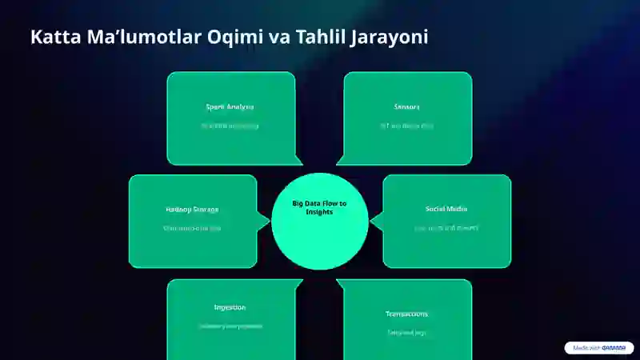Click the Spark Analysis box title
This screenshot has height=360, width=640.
[x=230, y=106]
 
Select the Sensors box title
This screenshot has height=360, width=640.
[x=407, y=106]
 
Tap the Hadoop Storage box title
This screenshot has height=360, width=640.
[x=192, y=210]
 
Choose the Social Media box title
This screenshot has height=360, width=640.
[x=446, y=209]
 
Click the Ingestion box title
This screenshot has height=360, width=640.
[x=230, y=307]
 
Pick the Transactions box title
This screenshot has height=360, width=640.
[x=407, y=314]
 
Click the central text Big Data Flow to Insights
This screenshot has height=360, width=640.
[x=320, y=207]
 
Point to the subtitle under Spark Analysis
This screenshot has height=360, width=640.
[x=230, y=126]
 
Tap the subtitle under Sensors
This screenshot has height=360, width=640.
[x=407, y=126]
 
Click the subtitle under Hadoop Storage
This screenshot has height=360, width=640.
[x=192, y=229]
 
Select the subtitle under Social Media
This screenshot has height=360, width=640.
[x=446, y=228]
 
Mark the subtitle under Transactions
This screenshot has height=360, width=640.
[x=407, y=332]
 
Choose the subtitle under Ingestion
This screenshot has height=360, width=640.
[x=230, y=326]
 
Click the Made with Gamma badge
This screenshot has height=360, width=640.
[x=599, y=348]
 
